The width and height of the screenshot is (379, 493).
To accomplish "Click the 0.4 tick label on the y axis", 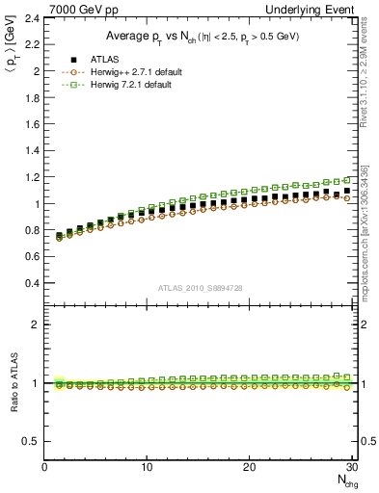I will point(33,284).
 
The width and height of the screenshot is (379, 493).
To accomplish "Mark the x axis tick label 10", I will point(148,467).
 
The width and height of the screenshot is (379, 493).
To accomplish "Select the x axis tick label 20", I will point(250,467).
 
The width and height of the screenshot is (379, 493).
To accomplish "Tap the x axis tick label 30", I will point(351,467).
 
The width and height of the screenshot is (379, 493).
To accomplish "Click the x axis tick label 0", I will point(45,467).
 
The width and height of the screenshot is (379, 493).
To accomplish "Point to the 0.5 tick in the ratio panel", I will point(33,441).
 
